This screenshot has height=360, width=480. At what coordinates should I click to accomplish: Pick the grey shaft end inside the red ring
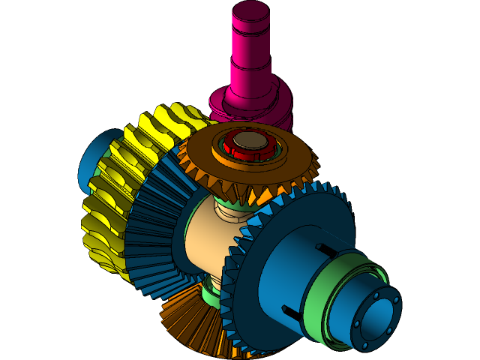[x=250, y=140]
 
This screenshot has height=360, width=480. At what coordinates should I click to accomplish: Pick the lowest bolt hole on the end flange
[x=366, y=345]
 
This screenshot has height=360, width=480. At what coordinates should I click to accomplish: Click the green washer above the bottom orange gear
[x=211, y=288]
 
